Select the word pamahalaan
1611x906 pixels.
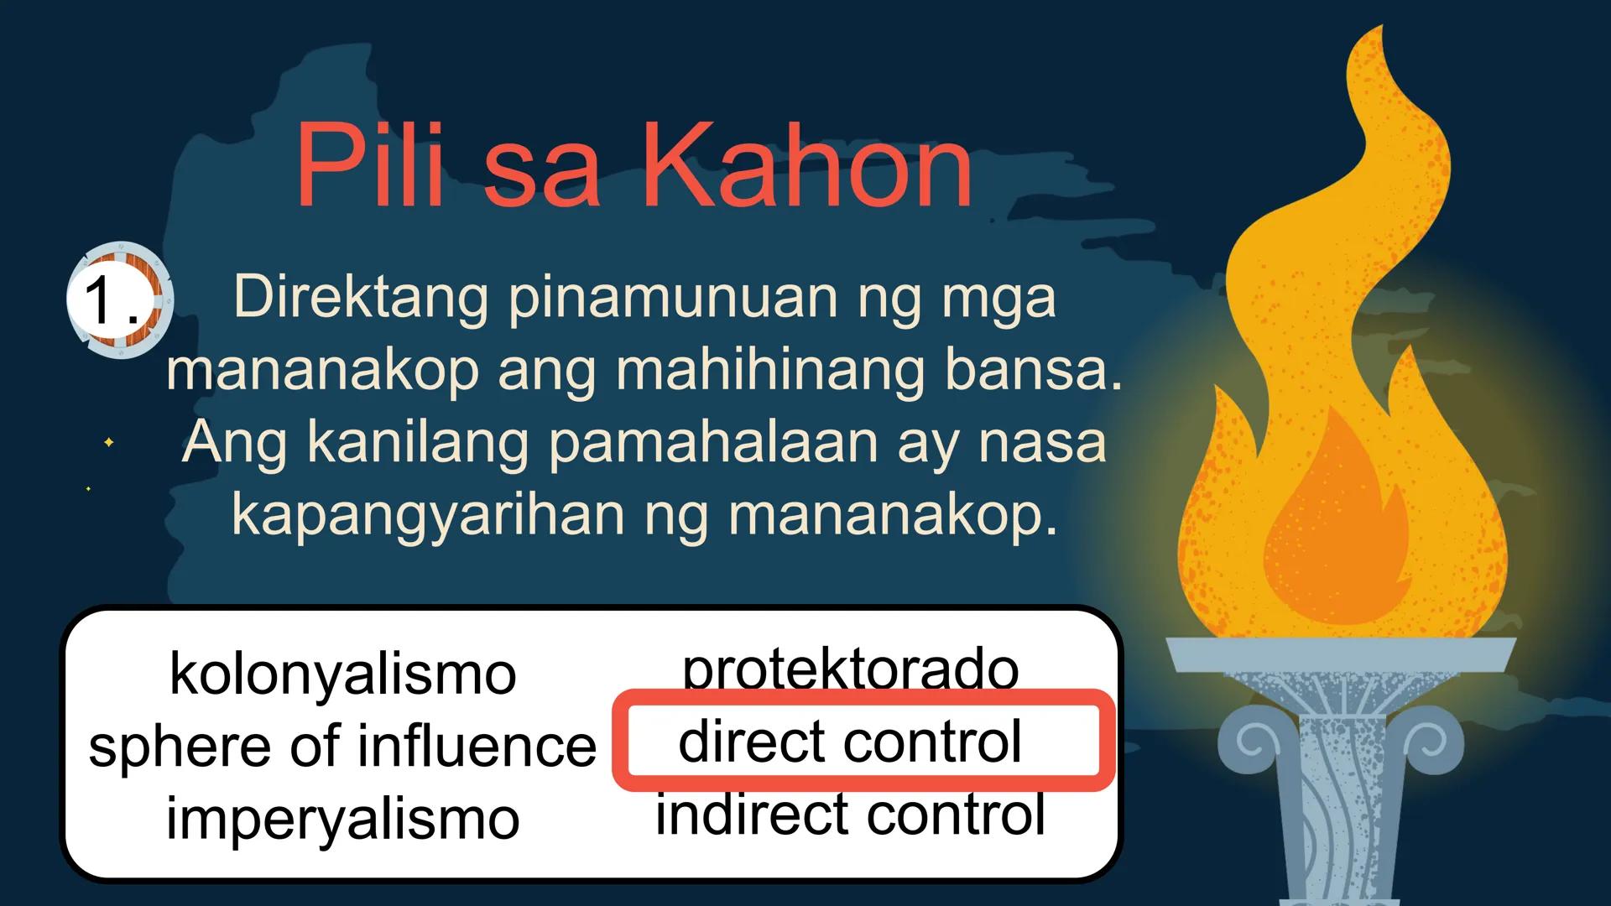(x=713, y=443)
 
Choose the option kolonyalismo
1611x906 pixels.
(x=342, y=674)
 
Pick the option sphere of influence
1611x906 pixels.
(x=342, y=746)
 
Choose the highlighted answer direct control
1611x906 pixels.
(x=850, y=742)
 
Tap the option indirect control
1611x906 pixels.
(x=850, y=814)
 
